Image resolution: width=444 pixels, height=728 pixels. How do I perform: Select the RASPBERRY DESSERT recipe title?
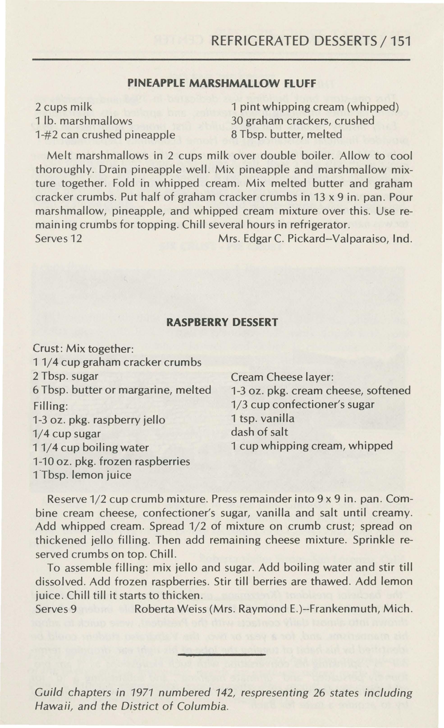[x=222, y=322]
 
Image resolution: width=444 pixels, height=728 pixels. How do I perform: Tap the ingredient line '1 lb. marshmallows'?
[x=84, y=121]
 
